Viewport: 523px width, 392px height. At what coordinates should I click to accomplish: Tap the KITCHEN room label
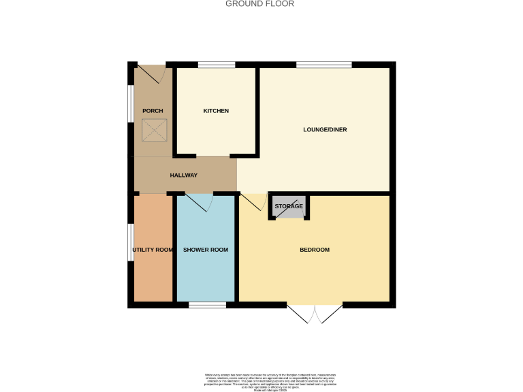coord(216,111)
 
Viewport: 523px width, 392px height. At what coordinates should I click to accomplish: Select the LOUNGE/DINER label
coord(325,129)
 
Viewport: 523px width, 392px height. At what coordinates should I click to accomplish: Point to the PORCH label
coord(152,111)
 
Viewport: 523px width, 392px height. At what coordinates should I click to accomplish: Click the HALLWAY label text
coord(183,175)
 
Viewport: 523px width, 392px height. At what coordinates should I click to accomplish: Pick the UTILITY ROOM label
coord(153,250)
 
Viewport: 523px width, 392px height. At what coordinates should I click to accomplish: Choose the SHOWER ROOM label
coord(206,250)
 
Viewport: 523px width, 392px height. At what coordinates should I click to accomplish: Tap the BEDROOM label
coord(315,250)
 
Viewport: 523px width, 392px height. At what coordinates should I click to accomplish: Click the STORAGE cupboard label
coord(289,206)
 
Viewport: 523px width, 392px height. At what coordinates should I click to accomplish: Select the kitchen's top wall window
coord(217,65)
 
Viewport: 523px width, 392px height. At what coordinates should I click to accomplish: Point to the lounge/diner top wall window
coord(324,65)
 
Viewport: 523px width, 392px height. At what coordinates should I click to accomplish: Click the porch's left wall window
coord(131,103)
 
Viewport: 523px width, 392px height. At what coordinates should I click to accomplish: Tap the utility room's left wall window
coord(131,242)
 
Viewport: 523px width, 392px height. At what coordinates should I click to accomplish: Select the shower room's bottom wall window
coord(207,305)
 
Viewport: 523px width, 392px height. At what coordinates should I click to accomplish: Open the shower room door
coord(199,202)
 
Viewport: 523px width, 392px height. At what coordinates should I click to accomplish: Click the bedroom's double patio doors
coord(315,314)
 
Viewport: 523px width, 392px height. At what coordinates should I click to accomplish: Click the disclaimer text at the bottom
coord(270,381)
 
